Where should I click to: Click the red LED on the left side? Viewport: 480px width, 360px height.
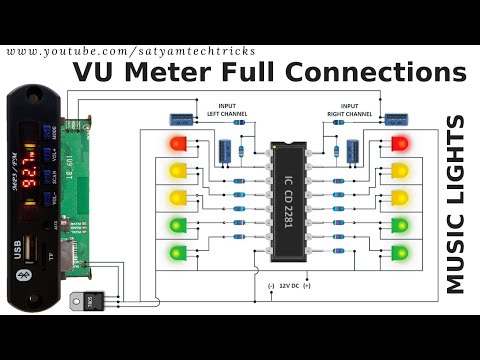point(180,143)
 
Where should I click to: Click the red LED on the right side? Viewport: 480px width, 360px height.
point(402,143)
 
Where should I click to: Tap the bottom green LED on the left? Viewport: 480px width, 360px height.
point(180,253)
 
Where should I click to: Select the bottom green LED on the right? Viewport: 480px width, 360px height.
point(402,253)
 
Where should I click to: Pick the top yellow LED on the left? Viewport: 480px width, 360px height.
point(180,170)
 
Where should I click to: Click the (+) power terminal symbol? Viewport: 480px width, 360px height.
point(307,287)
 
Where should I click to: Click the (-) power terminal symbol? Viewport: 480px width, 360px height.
point(270,287)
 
